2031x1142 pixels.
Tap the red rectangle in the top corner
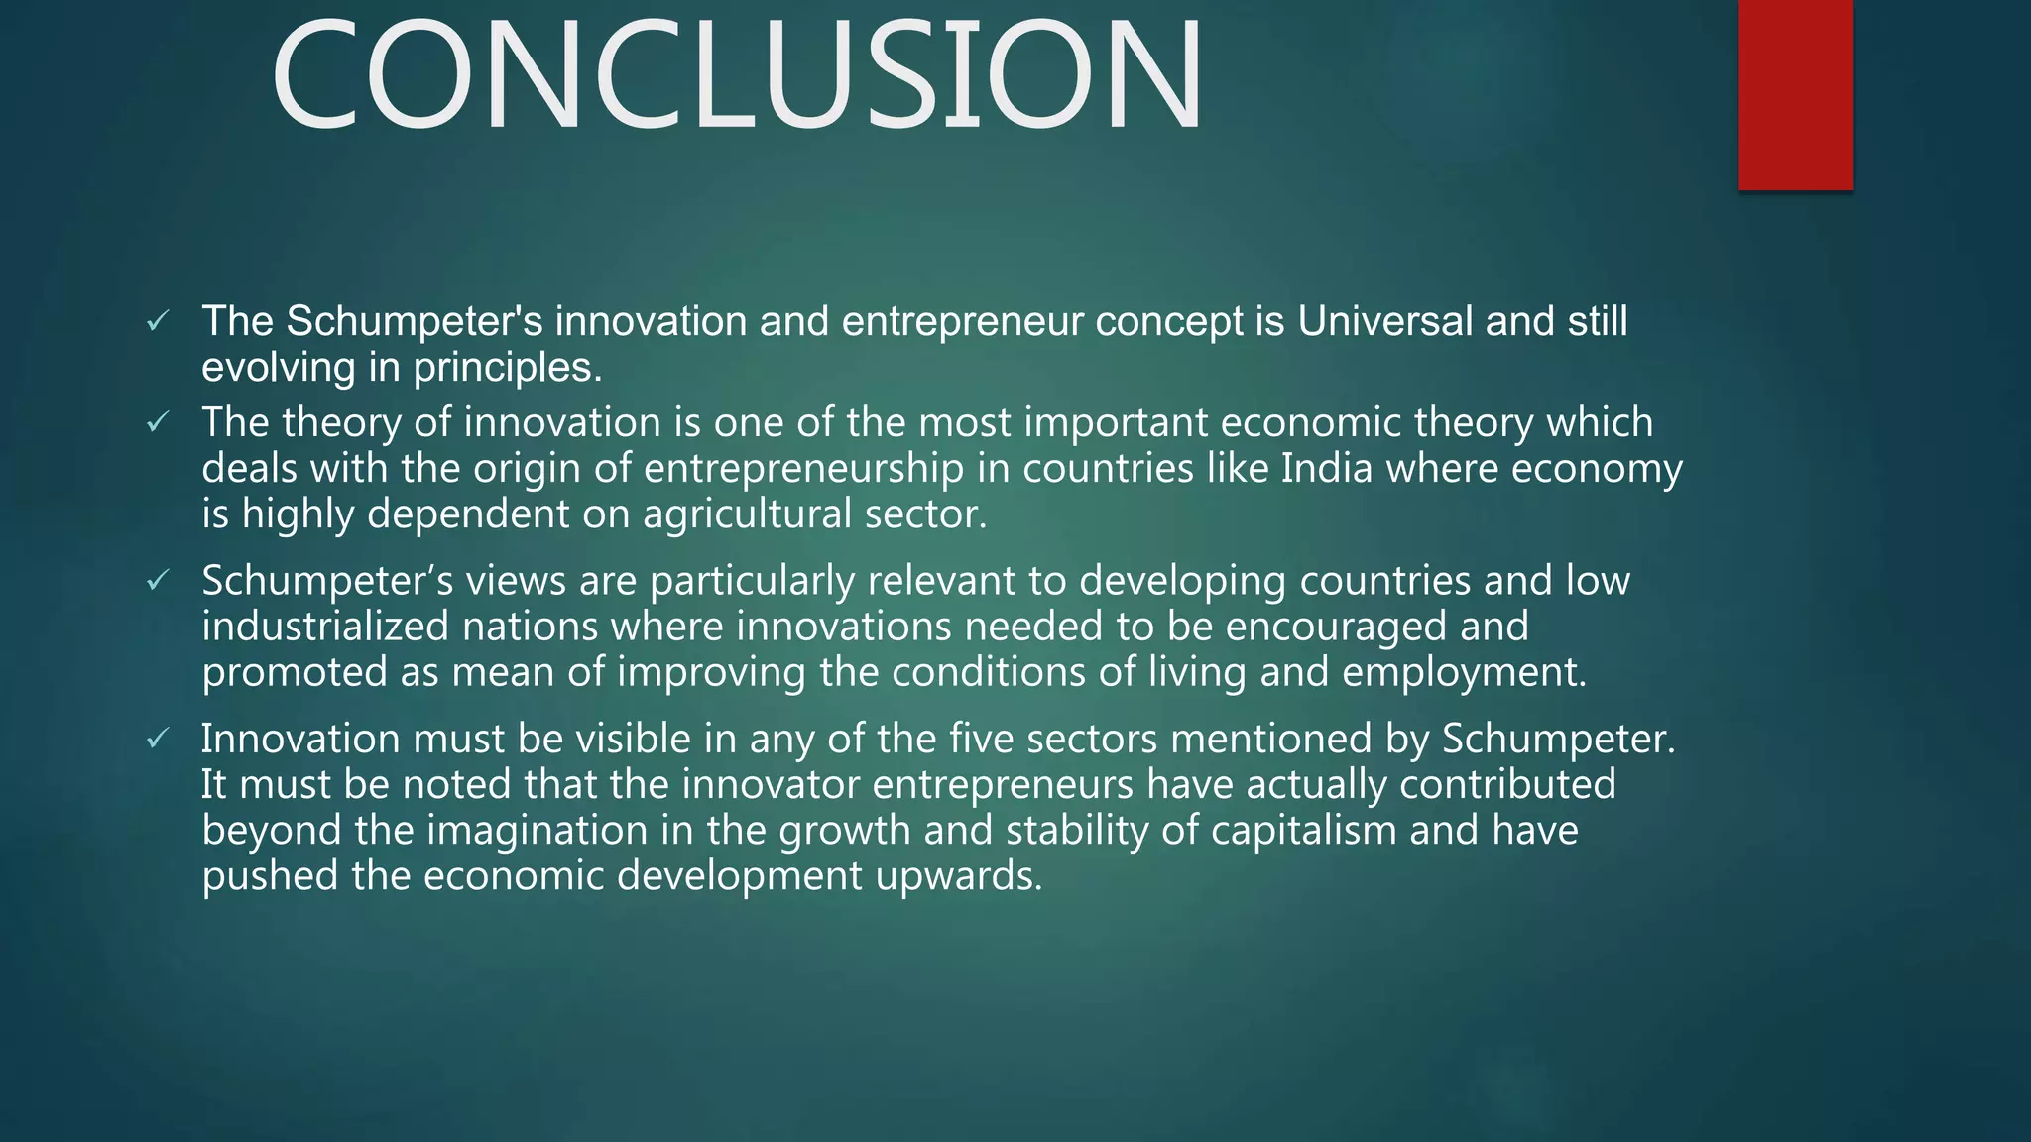point(1795,94)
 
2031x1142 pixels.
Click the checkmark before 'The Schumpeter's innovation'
point(158,321)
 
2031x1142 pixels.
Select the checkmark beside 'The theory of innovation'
point(158,423)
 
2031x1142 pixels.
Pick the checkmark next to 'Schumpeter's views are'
point(158,581)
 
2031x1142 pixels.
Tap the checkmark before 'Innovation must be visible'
point(158,739)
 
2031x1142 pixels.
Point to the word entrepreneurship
point(803,468)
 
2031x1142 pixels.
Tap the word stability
point(1077,830)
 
